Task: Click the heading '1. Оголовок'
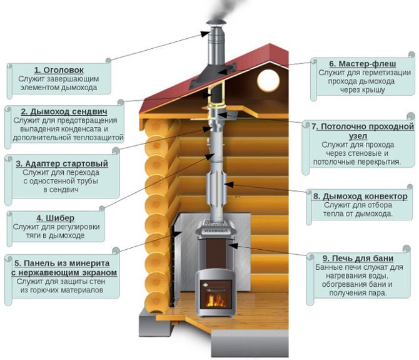(59, 70)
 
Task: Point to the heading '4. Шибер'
(57, 217)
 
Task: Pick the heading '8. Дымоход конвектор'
(360, 196)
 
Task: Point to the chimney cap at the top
(213, 31)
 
